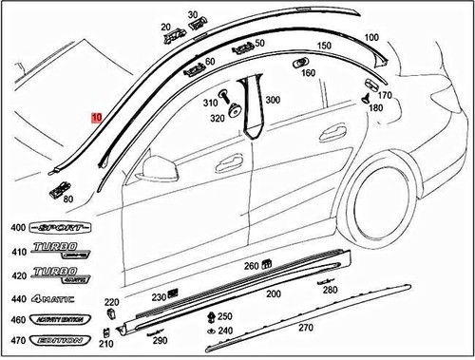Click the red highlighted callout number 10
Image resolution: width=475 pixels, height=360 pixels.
[x=96, y=119]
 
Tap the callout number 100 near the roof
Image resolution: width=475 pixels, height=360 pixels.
[x=371, y=36]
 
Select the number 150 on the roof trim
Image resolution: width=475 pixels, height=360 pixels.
[x=323, y=47]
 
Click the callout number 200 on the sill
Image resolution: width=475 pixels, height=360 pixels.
[x=273, y=294]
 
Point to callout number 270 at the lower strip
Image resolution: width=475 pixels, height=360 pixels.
[x=306, y=328]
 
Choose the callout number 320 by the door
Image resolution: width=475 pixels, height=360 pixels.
[x=218, y=119]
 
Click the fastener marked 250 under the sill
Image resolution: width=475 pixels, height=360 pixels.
[x=211, y=316]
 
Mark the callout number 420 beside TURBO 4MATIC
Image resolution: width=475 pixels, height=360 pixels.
[x=17, y=275]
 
